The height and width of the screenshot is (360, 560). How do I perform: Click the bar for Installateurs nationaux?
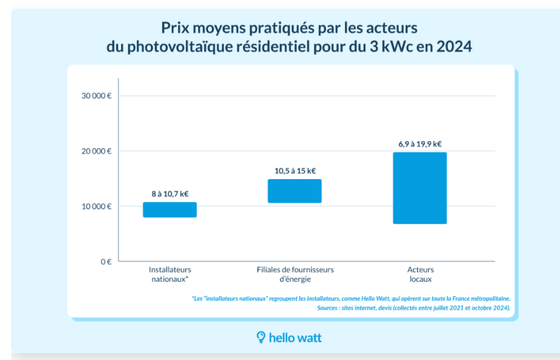tap(170, 210)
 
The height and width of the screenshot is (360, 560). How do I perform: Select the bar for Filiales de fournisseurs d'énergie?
tap(295, 191)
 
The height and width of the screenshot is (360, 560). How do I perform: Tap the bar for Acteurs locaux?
tap(420, 188)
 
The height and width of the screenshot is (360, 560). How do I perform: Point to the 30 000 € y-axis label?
tap(96, 96)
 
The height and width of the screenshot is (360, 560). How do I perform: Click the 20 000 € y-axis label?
tap(96, 151)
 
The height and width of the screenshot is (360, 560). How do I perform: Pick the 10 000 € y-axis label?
tap(96, 207)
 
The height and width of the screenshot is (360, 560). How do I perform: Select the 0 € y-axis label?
tap(106, 262)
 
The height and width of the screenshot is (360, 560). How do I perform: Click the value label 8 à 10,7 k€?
tap(170, 194)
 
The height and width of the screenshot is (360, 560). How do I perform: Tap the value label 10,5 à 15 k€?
tap(295, 171)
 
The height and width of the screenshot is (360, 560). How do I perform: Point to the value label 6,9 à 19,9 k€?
tap(420, 144)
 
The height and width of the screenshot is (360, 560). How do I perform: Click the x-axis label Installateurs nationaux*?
tap(170, 274)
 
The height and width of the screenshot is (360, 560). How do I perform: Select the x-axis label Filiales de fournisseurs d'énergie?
tap(295, 274)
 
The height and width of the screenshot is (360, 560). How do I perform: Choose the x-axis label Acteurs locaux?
tap(421, 274)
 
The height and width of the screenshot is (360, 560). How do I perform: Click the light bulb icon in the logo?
tap(261, 337)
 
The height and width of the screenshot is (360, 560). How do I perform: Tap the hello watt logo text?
tap(295, 338)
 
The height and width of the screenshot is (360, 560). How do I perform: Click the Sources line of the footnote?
tap(414, 308)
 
